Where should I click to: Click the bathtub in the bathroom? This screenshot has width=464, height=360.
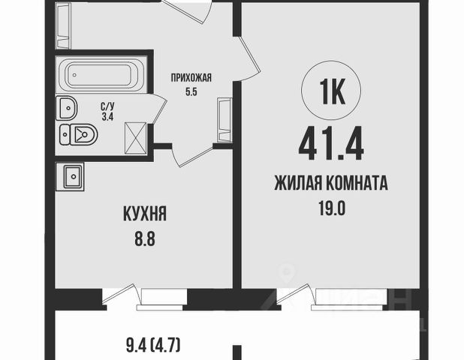click(101, 75)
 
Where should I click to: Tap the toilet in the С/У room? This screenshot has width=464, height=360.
click(79, 135)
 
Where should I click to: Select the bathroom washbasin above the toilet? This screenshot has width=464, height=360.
click(67, 108)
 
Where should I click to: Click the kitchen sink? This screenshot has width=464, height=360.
click(73, 177)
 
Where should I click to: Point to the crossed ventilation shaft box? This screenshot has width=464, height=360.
click(136, 138)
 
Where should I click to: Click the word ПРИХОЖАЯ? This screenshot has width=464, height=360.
click(191, 78)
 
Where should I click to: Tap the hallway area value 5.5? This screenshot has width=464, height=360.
click(191, 92)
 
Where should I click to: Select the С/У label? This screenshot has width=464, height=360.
click(107, 106)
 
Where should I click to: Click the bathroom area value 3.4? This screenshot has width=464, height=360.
click(107, 117)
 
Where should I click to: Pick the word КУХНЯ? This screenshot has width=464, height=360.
click(145, 214)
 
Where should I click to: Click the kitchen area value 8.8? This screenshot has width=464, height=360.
click(145, 238)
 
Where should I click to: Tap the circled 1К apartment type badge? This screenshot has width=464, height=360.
click(331, 91)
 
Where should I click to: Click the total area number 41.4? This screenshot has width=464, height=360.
click(331, 144)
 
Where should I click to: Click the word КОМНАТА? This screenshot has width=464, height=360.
click(357, 183)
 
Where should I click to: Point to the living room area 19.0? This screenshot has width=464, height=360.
click(332, 208)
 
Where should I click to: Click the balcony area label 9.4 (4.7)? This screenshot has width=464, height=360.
click(153, 346)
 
